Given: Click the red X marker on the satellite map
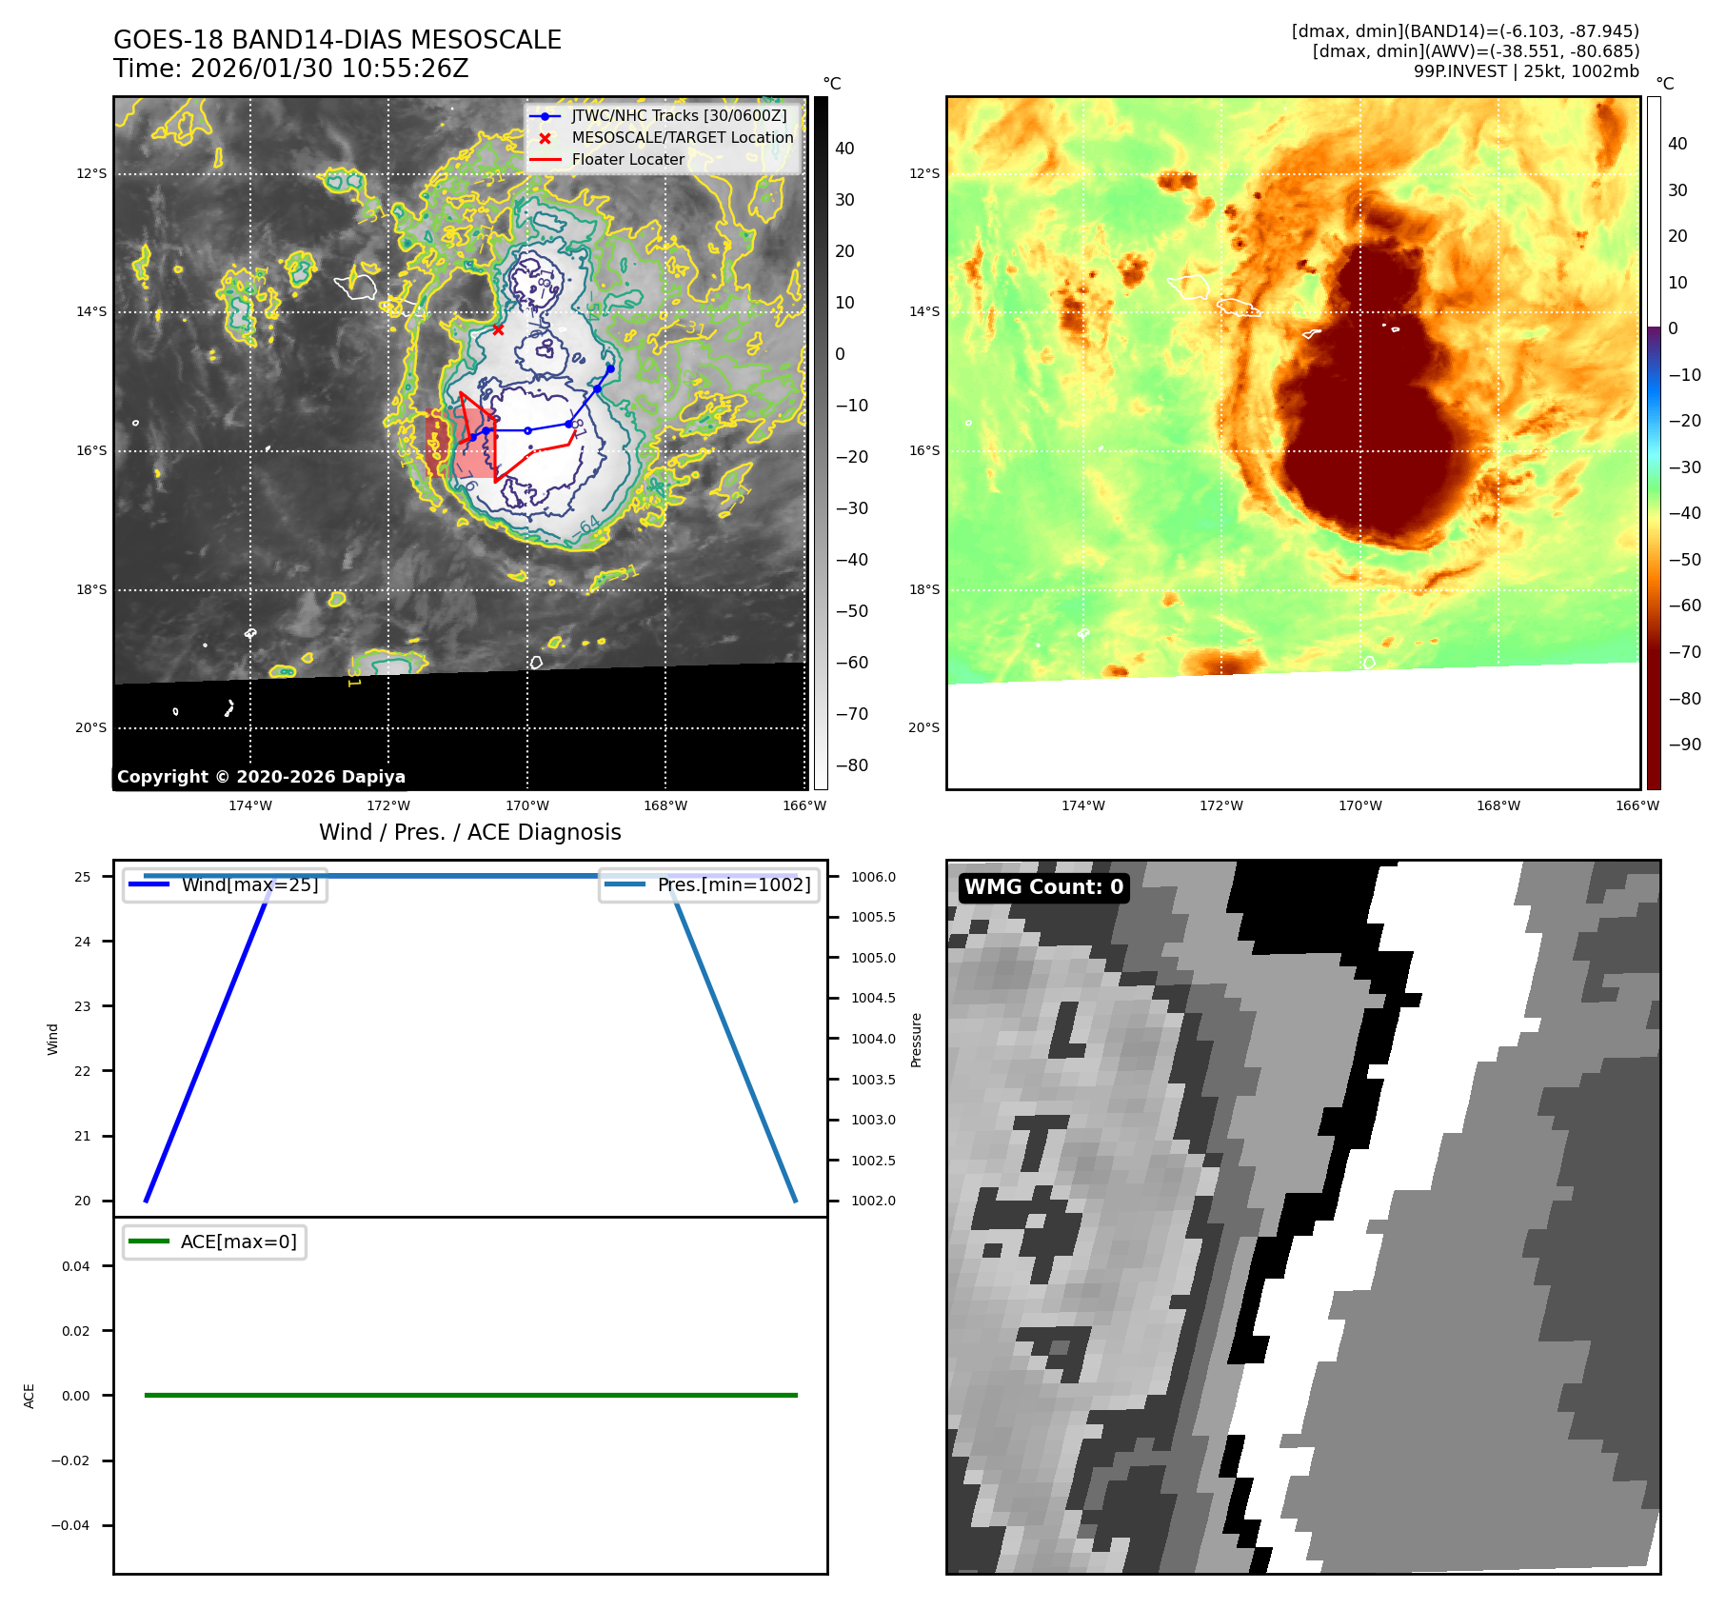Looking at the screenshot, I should click(498, 329).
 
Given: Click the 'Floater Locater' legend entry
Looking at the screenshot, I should click(627, 160).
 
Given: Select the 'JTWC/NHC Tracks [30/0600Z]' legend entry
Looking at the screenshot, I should click(679, 116).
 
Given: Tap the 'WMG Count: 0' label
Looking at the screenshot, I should click(1043, 887).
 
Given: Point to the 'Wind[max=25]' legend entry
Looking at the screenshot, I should click(249, 884).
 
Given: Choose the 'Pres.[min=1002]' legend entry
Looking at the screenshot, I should click(733, 884).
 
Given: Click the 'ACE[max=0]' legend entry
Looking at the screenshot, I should click(238, 1242).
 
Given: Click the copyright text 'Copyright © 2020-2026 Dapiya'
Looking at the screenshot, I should click(261, 777).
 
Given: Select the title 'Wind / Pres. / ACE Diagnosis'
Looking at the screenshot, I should click(469, 832).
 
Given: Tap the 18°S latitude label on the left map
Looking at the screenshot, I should click(91, 589).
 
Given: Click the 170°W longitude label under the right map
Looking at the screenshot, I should click(1359, 805).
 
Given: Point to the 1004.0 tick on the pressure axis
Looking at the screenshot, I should click(873, 1039).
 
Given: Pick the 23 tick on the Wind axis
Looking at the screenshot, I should click(83, 1006).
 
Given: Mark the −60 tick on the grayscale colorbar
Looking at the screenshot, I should click(852, 663).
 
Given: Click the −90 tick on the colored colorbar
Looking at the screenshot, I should click(1684, 745).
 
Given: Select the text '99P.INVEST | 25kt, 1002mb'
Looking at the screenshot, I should click(1526, 71).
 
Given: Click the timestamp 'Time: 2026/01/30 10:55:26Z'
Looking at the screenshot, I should click(290, 69).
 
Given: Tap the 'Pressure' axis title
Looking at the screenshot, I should click(916, 1040).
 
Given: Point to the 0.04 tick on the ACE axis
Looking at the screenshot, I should click(76, 1266).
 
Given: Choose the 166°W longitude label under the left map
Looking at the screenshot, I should click(803, 805).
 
